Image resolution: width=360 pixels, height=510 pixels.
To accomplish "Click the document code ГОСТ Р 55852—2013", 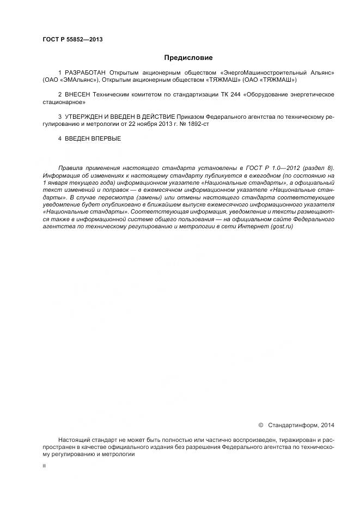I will (72, 39).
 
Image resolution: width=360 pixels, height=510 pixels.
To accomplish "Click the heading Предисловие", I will (188, 57).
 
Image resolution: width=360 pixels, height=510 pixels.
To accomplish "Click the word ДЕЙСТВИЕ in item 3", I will (157, 117).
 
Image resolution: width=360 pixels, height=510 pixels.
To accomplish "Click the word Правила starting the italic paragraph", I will (71, 168).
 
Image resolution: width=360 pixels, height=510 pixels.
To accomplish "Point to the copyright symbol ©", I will (261, 425).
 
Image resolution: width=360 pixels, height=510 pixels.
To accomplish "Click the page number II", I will (44, 467).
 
